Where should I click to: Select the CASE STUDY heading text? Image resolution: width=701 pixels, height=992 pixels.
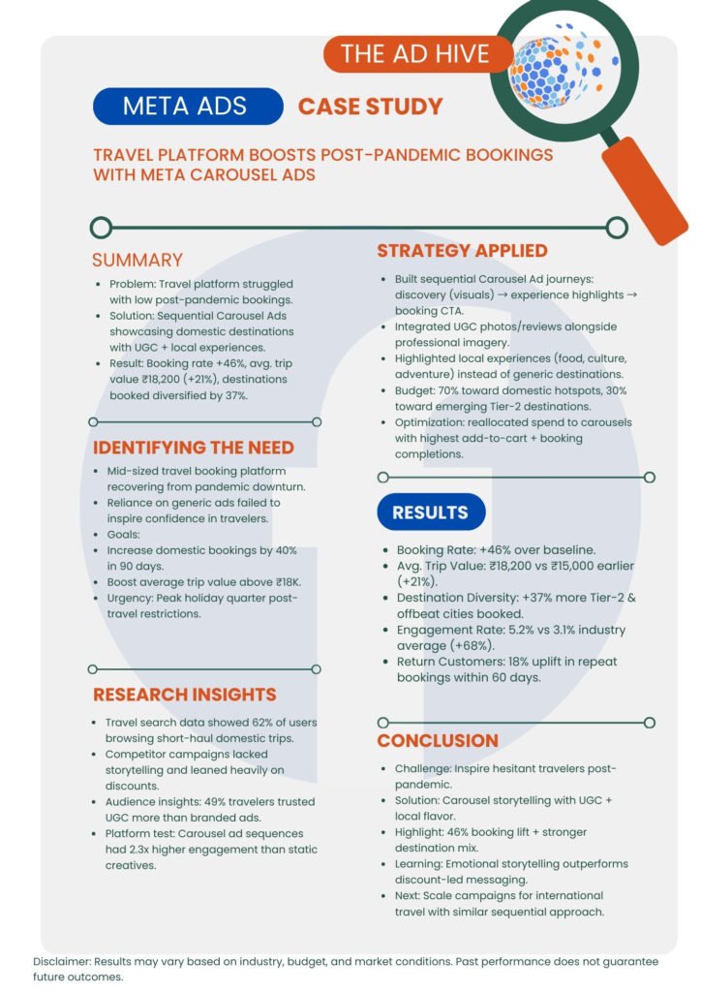pyautogui.click(x=370, y=106)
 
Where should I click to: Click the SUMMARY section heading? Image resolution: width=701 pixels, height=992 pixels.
pyautogui.click(x=137, y=260)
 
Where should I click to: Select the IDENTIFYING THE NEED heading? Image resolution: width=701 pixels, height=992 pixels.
pyautogui.click(x=193, y=448)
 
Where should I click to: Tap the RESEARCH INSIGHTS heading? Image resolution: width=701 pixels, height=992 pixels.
pyautogui.click(x=184, y=695)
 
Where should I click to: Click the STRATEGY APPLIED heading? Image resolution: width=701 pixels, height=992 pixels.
pyautogui.click(x=462, y=251)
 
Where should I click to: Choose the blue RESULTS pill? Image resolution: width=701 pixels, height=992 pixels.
pyautogui.click(x=431, y=511)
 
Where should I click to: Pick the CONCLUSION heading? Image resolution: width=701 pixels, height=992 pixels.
pyautogui.click(x=438, y=740)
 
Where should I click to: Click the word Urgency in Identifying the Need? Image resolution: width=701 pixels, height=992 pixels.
pyautogui.click(x=134, y=599)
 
